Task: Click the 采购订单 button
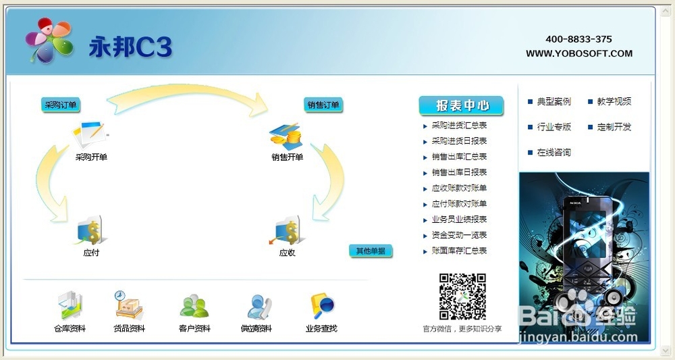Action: click(x=61, y=105)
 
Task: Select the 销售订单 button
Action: click(x=323, y=105)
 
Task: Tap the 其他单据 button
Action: click(x=371, y=251)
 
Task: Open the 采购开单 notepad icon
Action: click(x=90, y=134)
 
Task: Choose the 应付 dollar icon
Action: click(x=91, y=231)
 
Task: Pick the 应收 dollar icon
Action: click(x=286, y=231)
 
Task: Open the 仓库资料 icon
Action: click(x=70, y=306)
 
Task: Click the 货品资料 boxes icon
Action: click(x=128, y=305)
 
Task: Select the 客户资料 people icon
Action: click(x=194, y=307)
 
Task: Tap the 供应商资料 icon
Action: click(x=259, y=307)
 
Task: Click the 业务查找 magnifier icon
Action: click(x=323, y=307)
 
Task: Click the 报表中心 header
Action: click(x=462, y=105)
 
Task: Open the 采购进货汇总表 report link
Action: click(x=459, y=126)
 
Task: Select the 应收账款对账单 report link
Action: click(x=459, y=188)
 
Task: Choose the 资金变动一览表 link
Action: click(x=459, y=235)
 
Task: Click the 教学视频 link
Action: click(x=614, y=101)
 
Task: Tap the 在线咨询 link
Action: click(x=554, y=153)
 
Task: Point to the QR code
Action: click(x=462, y=297)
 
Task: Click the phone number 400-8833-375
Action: click(x=578, y=39)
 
